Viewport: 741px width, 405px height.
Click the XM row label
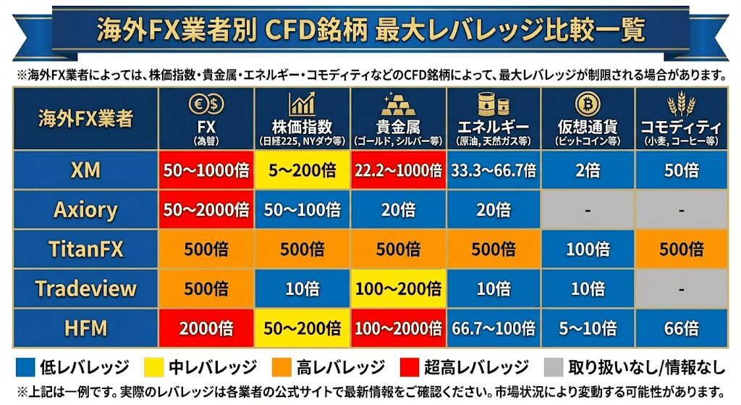[85, 170]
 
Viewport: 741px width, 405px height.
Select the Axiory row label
[85, 210]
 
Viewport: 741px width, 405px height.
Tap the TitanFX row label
[85, 250]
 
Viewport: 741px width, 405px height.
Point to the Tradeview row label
[85, 289]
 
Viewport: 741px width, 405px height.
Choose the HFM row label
[85, 328]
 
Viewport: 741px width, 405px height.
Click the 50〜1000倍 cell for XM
[206, 171]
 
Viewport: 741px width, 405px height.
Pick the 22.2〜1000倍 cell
[398, 171]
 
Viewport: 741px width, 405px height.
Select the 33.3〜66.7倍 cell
[494, 171]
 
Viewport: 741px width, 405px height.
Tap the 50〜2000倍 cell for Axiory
[206, 210]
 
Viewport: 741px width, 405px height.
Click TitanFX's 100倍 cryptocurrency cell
[588, 250]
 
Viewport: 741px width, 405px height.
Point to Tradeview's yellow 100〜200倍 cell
[398, 289]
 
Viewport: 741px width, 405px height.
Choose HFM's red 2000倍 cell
[206, 328]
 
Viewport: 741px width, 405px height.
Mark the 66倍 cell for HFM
[681, 328]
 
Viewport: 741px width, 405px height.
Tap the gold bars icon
[398, 104]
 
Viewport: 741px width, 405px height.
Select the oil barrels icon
[494, 104]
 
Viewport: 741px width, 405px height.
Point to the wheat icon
[681, 104]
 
